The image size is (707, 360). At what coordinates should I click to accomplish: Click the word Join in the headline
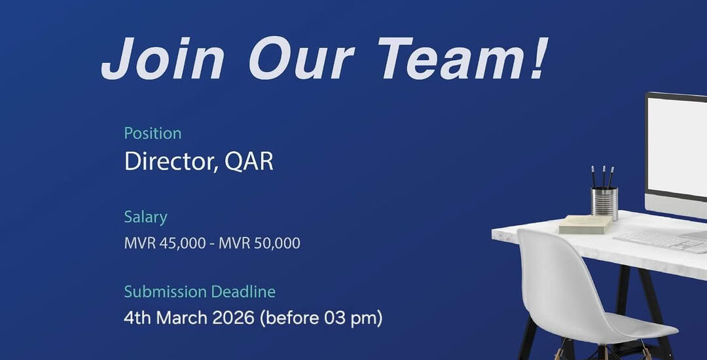coord(162,58)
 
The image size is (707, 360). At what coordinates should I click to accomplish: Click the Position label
coord(153,134)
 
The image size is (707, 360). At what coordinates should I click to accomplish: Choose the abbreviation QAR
coord(249,161)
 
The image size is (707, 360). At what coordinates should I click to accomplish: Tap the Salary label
coord(145,217)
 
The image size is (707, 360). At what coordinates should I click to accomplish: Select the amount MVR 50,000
coord(259,243)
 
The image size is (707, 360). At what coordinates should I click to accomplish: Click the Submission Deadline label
coord(200,292)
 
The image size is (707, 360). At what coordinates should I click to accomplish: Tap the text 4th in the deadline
coord(137,319)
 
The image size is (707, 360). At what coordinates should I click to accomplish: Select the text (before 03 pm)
coord(321,319)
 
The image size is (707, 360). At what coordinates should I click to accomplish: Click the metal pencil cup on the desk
coord(604,204)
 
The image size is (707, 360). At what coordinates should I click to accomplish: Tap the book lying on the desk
coord(585,225)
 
